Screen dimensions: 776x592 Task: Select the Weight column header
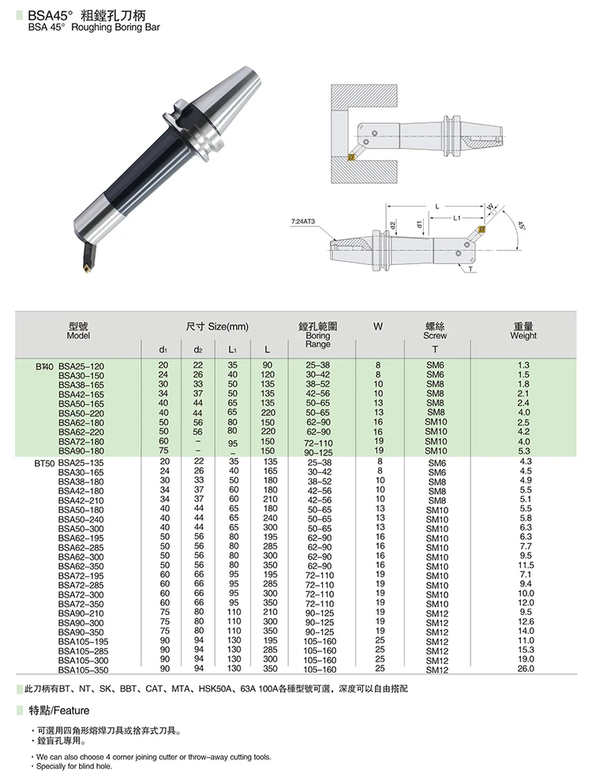click(523, 331)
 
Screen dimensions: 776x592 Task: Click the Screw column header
click(435, 331)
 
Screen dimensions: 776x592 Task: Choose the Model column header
click(79, 331)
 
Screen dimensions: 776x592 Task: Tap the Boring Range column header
click(318, 335)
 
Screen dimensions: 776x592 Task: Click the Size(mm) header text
click(217, 326)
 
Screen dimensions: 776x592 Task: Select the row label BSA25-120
click(81, 366)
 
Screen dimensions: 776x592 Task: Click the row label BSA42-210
click(81, 500)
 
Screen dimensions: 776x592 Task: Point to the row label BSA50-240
click(81, 519)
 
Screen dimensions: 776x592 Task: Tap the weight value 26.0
click(526, 669)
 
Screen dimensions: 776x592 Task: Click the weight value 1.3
click(523, 365)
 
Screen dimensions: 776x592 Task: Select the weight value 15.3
click(526, 650)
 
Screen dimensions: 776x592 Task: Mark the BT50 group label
click(44, 462)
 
